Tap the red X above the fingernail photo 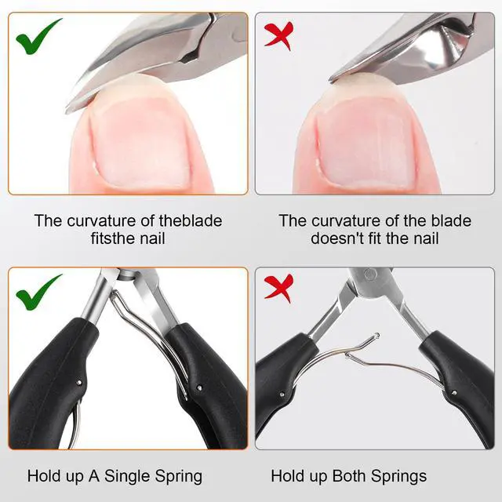(277, 35)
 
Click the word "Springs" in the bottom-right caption (401, 476)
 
